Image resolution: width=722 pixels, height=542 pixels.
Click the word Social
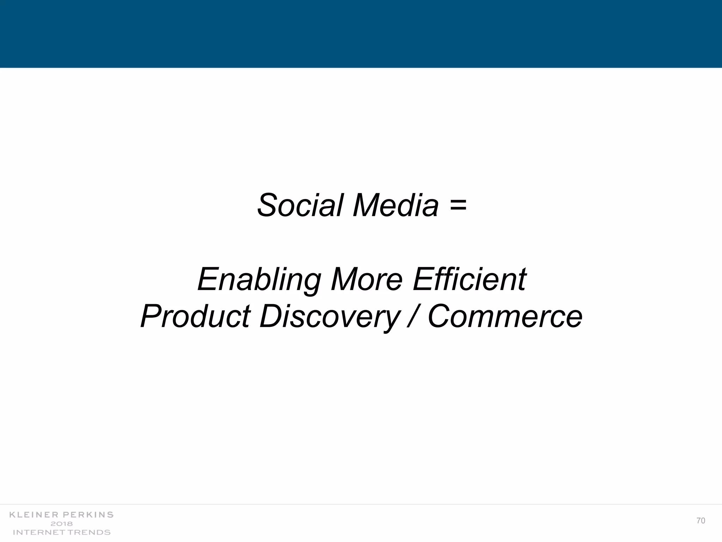click(x=300, y=205)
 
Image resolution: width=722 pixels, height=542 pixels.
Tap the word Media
click(x=396, y=205)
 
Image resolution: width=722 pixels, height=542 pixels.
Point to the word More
click(x=367, y=279)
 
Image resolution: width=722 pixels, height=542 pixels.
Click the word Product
click(x=195, y=316)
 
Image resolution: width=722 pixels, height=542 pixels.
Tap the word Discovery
click(x=329, y=317)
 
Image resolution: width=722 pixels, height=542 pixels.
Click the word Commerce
click(x=505, y=316)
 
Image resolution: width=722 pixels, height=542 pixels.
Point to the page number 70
click(x=701, y=521)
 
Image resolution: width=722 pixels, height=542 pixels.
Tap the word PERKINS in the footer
click(x=88, y=515)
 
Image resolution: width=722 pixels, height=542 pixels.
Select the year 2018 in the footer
click(x=62, y=524)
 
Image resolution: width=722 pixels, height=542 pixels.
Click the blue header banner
click(x=361, y=34)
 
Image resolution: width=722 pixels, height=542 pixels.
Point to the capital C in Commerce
click(x=440, y=316)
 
